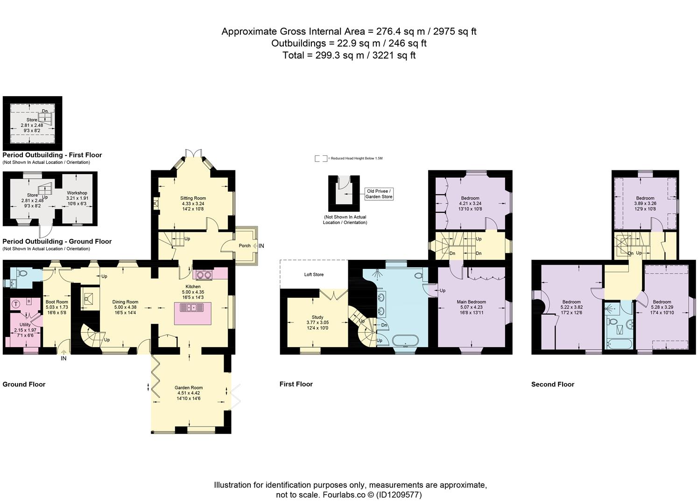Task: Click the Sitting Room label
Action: [x=193, y=198]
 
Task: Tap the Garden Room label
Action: [x=189, y=388]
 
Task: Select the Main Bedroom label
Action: [x=471, y=302]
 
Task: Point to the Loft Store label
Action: [x=314, y=274]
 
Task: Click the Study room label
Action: [x=317, y=317]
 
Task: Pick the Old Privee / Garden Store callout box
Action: [x=379, y=194]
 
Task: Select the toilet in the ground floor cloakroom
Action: [x=23, y=273]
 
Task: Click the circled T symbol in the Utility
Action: [x=16, y=304]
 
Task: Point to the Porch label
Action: [x=245, y=246]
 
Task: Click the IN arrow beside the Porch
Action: [x=255, y=246]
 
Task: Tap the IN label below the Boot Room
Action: [x=63, y=358]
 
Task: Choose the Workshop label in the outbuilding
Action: [x=77, y=193]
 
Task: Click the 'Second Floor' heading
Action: [x=552, y=385]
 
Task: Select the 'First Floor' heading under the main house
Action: [x=296, y=384]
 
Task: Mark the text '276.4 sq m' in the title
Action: [x=401, y=31]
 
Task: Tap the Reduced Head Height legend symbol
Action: [x=321, y=159]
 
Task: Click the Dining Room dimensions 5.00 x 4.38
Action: [x=125, y=307]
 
